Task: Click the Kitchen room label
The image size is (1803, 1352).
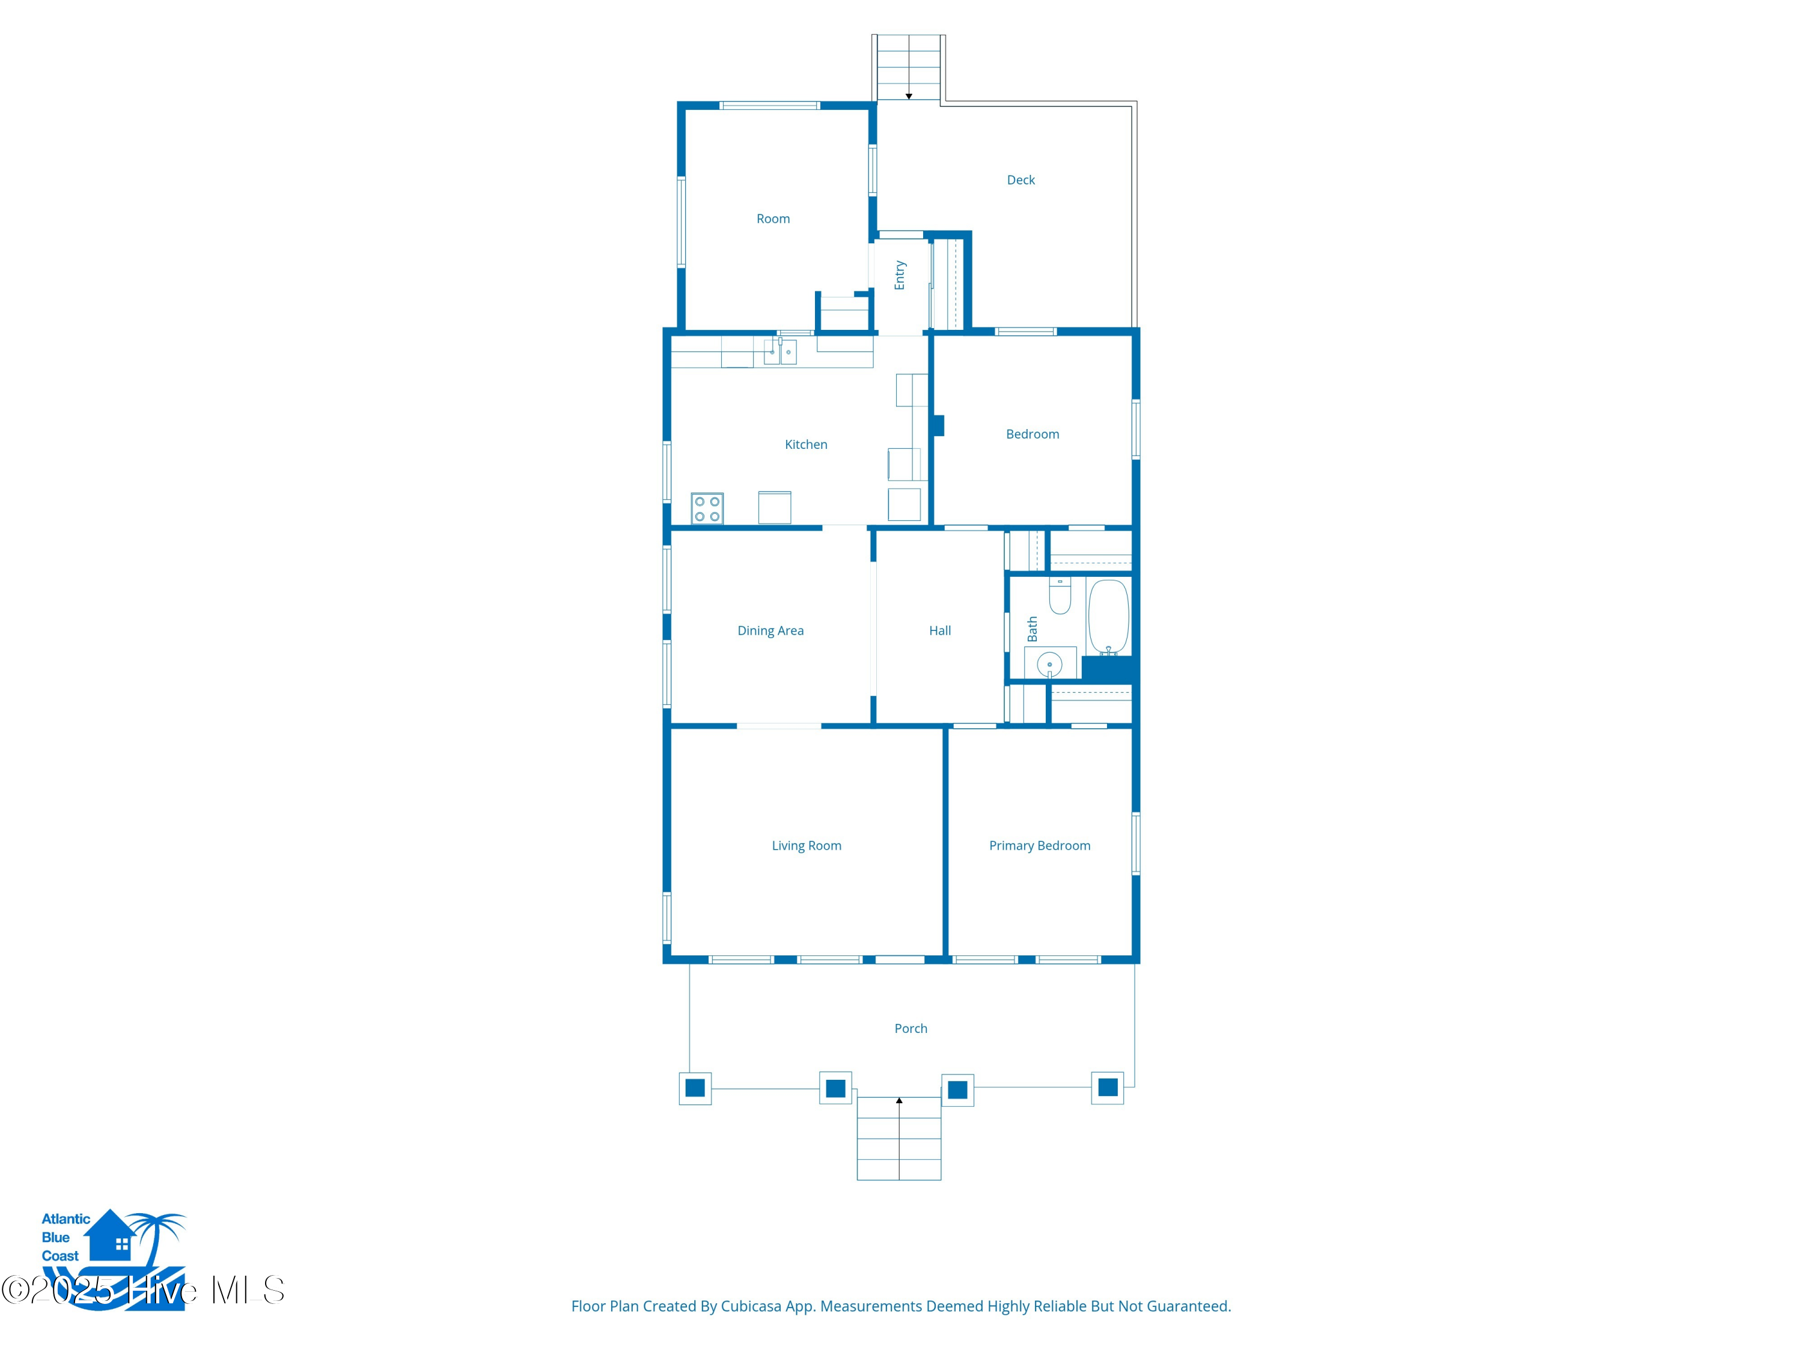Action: point(805,444)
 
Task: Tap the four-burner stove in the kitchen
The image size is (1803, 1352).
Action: point(707,508)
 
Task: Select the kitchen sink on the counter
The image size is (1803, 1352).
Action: point(780,352)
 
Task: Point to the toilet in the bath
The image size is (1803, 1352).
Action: point(1060,595)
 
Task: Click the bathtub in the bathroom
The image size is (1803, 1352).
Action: point(1108,617)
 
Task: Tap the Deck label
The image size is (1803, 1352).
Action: point(1020,180)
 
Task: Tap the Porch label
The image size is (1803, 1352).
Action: point(911,1029)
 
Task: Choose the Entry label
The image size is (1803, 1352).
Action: point(900,275)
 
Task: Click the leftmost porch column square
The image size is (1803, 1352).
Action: point(695,1088)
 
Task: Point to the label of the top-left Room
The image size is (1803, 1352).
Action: point(773,218)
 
